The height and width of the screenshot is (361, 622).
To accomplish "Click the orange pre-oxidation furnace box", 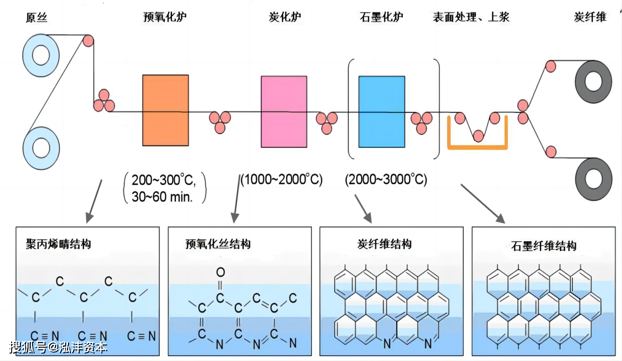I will pos(165,110).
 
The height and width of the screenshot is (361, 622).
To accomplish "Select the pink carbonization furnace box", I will pos(284,111).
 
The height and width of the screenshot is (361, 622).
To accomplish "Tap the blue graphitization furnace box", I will pos(381,111).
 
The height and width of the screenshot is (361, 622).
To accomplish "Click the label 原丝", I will pos(37,18).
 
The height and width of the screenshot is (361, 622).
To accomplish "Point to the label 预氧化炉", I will pos(165,18).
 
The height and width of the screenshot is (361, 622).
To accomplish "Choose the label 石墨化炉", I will pos(381,18).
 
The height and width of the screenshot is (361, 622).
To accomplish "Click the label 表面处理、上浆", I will pos(471,18).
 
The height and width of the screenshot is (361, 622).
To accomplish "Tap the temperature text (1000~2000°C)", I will pos(282,180).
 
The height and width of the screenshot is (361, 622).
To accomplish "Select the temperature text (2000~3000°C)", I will pos(386,180).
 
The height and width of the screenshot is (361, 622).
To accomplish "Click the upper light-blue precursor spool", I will pos(41,55).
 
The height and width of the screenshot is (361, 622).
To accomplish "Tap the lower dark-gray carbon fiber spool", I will pos(593,179).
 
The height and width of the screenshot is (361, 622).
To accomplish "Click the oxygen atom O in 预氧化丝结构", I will pos(221,271).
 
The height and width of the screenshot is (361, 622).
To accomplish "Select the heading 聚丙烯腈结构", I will pos(58,244).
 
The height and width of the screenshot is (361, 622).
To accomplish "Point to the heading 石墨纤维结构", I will pos(544,246).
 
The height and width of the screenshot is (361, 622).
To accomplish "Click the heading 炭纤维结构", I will pos(384,244).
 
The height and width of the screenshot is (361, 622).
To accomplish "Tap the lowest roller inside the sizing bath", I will pos(479,136).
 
